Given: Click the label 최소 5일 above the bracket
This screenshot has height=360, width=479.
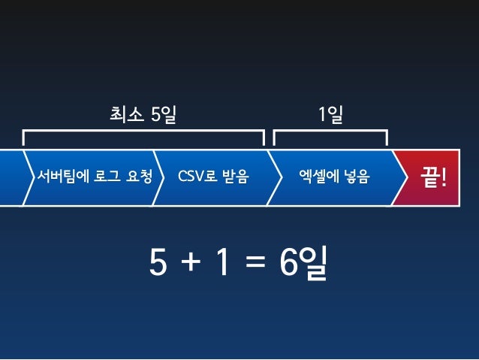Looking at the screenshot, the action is click(143, 115).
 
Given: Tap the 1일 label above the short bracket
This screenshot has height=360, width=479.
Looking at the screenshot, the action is click(330, 115).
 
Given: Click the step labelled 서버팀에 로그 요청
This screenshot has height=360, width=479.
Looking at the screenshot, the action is click(95, 177).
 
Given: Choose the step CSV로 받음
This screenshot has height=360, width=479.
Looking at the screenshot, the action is click(213, 177).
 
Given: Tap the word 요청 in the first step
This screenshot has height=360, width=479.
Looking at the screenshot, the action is click(140, 177).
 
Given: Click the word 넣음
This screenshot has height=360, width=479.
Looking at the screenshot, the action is click(355, 177).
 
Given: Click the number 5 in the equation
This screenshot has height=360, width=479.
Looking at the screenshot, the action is click(158, 263).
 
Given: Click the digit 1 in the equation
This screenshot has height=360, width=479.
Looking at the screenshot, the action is click(222, 263).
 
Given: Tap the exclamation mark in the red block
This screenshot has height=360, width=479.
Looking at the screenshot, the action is click(444, 177).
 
